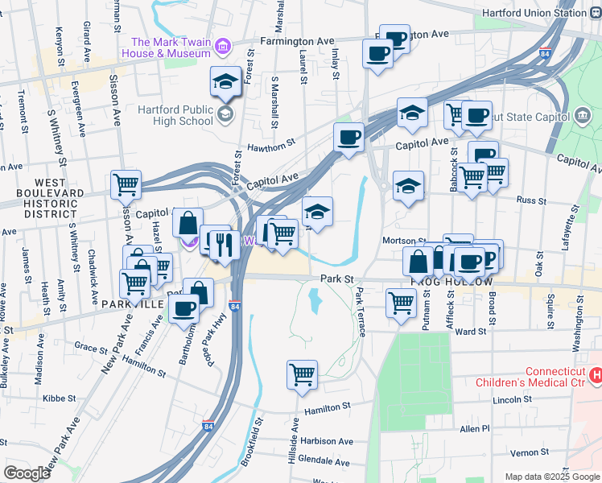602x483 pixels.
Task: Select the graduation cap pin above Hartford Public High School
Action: coord(226,80)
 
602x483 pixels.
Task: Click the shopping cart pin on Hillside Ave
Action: coord(302,374)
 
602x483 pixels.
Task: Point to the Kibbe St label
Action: coord(59,398)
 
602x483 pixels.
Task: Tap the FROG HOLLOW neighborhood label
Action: coord(451,282)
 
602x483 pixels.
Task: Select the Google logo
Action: coord(27,473)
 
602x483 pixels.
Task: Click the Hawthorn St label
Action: coord(267,147)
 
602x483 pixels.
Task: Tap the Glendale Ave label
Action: coord(324,462)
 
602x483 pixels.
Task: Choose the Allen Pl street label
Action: coord(475,429)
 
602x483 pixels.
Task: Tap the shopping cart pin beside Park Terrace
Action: coord(401,304)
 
